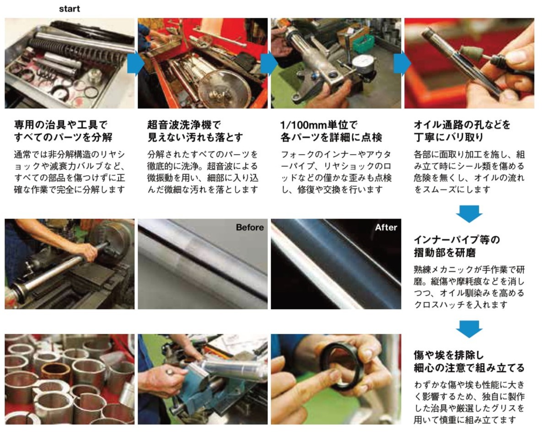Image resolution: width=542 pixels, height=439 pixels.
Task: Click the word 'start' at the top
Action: click(x=69, y=9)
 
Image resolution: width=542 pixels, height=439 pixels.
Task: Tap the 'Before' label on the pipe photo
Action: click(x=250, y=227)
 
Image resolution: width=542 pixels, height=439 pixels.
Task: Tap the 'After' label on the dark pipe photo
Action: click(x=386, y=227)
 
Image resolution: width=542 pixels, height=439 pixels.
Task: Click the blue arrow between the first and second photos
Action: click(x=135, y=63)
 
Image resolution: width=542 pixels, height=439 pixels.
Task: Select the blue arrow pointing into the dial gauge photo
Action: click(x=269, y=63)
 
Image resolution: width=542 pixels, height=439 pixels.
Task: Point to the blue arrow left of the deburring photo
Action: click(x=402, y=63)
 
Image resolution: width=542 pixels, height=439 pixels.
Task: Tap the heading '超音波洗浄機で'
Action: click(x=183, y=124)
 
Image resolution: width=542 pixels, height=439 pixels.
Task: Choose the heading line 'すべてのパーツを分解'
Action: click(x=63, y=137)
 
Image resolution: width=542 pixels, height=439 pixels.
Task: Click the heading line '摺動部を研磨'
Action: click(x=445, y=252)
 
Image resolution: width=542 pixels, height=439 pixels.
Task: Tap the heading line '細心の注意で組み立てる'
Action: click(x=469, y=368)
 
